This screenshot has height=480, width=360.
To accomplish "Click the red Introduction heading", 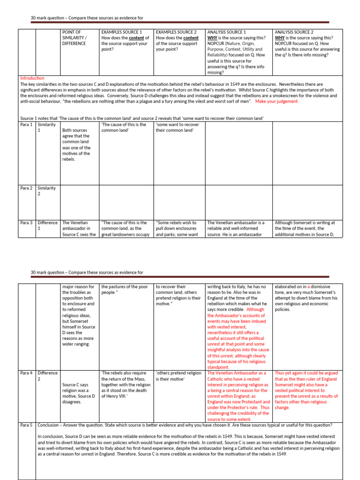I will [x=32, y=78].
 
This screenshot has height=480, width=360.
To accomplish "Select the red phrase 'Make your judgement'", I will [x=276, y=101].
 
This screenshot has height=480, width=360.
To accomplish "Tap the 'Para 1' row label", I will [x=26, y=125].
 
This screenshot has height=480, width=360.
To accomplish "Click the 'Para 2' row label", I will [x=26, y=188].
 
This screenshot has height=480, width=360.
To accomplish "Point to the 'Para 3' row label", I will [x=26, y=223].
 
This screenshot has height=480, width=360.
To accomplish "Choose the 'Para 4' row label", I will [x=26, y=373].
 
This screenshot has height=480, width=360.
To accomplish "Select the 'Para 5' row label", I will [x=26, y=425].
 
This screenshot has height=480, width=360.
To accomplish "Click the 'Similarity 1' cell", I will [x=46, y=127].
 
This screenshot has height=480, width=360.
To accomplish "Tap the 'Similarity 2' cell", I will [x=46, y=191].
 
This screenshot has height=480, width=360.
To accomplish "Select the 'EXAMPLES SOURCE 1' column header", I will [x=125, y=41].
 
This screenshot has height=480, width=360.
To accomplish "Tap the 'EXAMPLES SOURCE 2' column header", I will [x=179, y=41].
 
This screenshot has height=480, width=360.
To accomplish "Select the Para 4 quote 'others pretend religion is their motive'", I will [x=178, y=376].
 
